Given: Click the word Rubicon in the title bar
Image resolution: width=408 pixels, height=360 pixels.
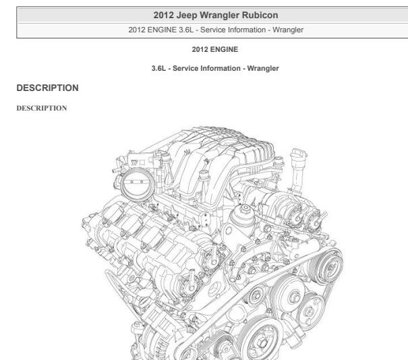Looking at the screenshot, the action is click(260, 15).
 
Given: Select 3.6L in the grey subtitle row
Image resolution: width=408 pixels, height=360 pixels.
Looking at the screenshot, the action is click(186, 30).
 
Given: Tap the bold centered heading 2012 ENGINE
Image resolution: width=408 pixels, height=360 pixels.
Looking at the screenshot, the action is click(215, 49).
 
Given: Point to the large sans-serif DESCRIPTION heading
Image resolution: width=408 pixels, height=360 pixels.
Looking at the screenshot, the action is click(48, 88).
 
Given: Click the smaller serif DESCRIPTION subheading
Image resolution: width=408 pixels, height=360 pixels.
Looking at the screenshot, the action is click(42, 109).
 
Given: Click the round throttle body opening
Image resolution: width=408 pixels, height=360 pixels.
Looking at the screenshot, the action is click(137, 184).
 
